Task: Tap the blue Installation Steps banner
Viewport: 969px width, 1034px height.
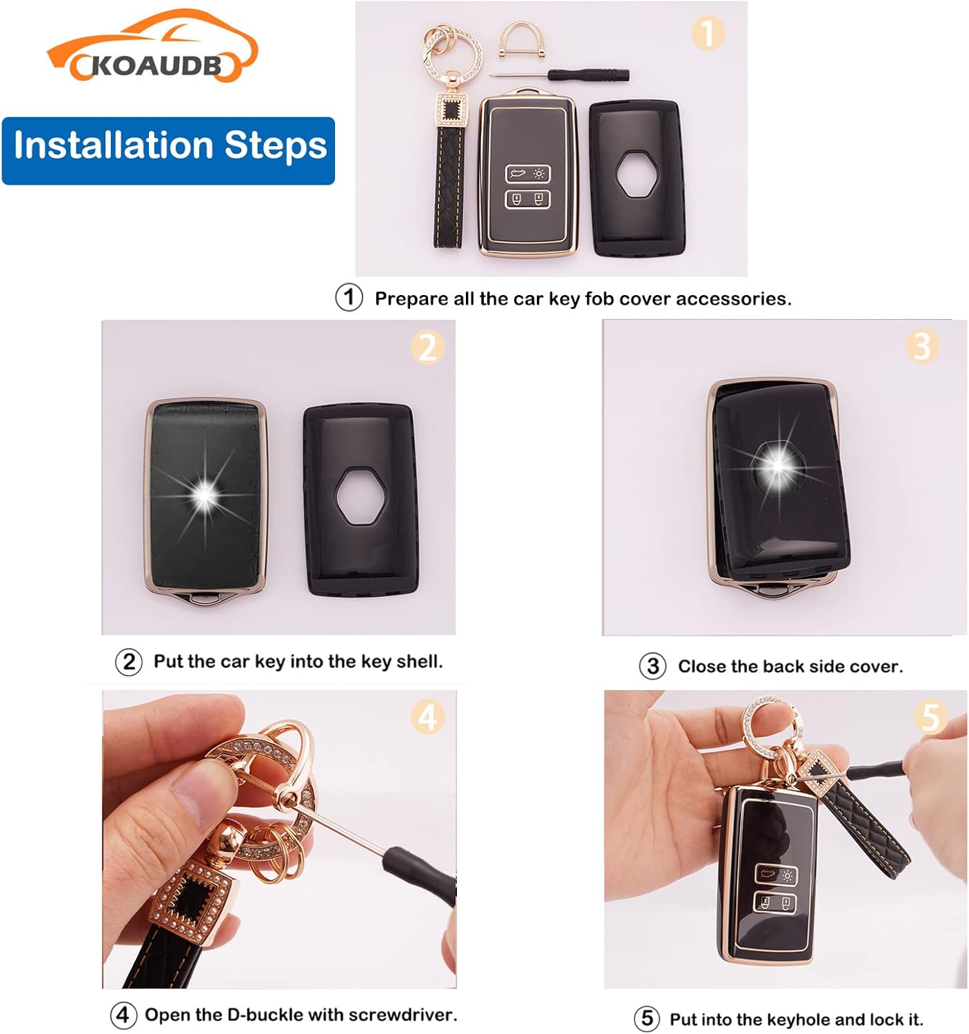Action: [168, 151]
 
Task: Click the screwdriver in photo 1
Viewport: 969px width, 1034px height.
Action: [560, 75]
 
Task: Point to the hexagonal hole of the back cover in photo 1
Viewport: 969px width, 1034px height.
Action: [637, 174]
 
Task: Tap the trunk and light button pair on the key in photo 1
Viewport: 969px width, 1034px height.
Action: [527, 174]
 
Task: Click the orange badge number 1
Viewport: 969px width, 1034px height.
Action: [708, 33]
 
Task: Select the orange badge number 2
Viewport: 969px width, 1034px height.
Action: [427, 348]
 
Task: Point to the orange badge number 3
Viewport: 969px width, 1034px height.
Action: [922, 346]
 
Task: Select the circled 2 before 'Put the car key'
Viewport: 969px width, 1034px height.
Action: [129, 662]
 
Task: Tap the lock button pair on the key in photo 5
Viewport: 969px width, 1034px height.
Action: [775, 903]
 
